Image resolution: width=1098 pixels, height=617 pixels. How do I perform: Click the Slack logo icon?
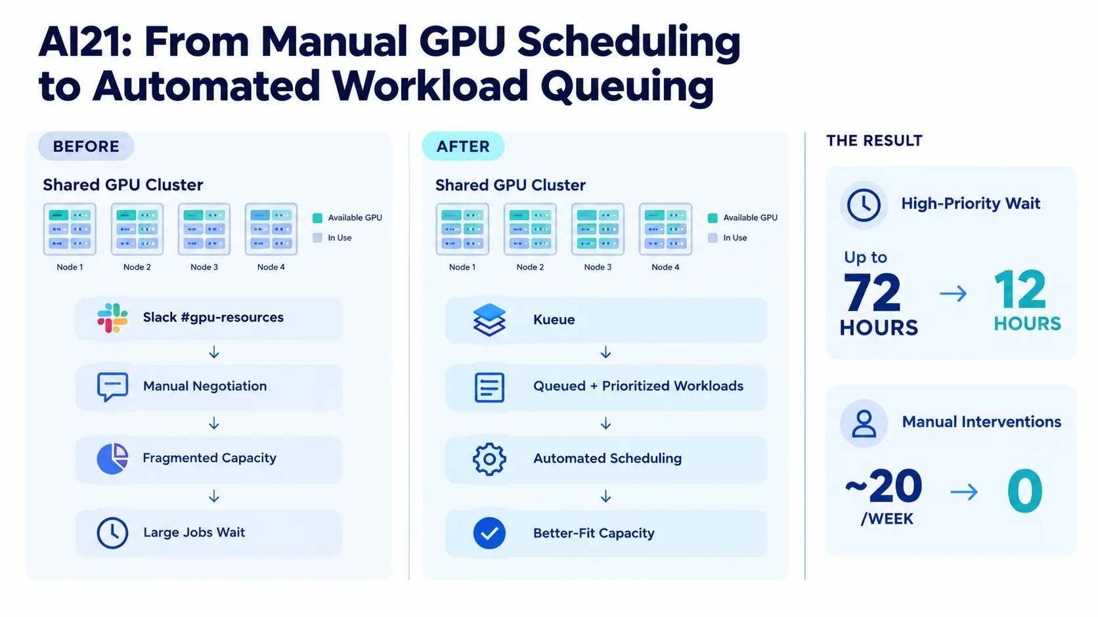[x=112, y=318]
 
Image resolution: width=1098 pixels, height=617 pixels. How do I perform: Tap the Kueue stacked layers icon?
[x=489, y=320]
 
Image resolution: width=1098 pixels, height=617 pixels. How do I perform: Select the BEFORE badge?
[x=86, y=146]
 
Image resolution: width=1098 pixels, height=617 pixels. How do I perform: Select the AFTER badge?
[x=463, y=146]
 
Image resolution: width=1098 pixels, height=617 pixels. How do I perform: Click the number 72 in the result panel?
[x=872, y=293]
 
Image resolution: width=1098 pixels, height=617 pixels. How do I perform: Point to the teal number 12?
[x=1021, y=289]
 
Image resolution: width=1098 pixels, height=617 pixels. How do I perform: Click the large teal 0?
[x=1025, y=490]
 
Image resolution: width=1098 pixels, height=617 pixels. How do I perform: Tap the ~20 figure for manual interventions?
[x=883, y=486]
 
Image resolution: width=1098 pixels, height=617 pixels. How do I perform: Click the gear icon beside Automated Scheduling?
[x=489, y=459]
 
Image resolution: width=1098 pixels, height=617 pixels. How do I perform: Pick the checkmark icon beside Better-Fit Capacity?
[x=489, y=533]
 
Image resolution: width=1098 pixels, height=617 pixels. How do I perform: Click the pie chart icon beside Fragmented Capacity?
[x=112, y=459]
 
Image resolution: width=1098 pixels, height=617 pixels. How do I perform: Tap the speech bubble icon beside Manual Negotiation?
[x=112, y=387]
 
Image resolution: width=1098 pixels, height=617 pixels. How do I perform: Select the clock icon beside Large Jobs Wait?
[x=112, y=533]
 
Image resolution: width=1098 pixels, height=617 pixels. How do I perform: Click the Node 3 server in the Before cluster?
[x=204, y=229]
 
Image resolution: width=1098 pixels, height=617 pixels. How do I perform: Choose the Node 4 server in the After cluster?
[x=665, y=229]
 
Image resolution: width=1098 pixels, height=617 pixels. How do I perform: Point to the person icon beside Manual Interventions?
[x=864, y=423]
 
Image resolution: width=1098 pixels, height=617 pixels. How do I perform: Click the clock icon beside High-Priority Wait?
[x=864, y=205]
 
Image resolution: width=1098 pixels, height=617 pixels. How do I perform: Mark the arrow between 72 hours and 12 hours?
[x=953, y=293]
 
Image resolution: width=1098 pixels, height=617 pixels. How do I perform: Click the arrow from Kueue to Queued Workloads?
[x=606, y=352]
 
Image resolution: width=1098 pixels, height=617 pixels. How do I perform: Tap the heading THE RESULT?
[x=874, y=141]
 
